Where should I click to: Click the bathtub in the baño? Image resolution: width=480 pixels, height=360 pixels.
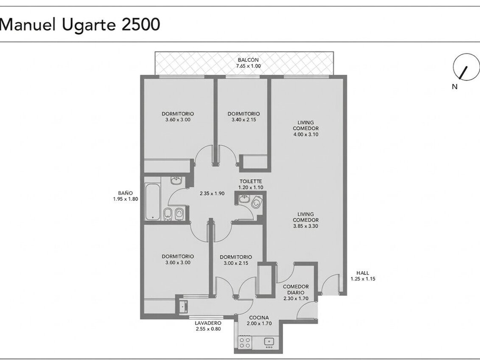point(152,202)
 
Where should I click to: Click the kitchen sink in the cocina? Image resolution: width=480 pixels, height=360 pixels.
point(269,342)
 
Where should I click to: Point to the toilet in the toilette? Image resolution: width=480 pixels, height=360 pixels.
point(256,202)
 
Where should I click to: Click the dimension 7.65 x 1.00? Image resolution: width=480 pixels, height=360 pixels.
point(248,66)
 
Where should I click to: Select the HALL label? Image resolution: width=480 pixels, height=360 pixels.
point(363,273)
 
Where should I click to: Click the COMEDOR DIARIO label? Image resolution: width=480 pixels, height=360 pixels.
point(296,290)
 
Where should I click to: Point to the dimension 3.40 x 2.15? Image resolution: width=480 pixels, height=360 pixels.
point(244,120)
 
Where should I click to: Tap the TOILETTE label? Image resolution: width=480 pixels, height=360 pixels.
point(251,182)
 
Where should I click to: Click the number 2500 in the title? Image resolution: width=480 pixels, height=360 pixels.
point(141,25)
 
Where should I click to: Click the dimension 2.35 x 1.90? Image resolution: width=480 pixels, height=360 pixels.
point(212,194)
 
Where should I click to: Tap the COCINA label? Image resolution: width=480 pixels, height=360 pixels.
point(259,318)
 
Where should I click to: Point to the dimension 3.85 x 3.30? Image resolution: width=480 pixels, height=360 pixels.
point(306,226)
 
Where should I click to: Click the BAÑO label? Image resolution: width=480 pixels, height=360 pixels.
point(126,193)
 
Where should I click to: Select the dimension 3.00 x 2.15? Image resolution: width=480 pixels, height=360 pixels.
point(236,263)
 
